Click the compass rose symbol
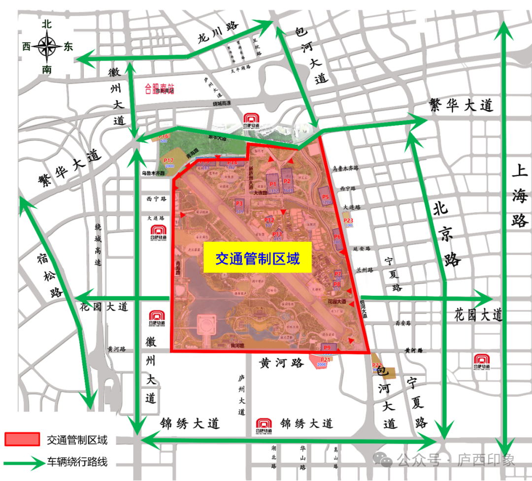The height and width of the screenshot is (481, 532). (47, 47)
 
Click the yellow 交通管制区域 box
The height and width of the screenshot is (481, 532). (258, 258)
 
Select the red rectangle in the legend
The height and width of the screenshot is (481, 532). (22, 439)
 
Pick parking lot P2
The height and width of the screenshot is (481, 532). (288, 181)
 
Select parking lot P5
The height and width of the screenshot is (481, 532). (325, 196)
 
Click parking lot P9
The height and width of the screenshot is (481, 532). (328, 348)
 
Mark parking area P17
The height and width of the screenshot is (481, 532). (169, 162)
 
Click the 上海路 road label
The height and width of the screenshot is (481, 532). (519, 195)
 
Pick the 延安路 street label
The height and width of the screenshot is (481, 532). (362, 250)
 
